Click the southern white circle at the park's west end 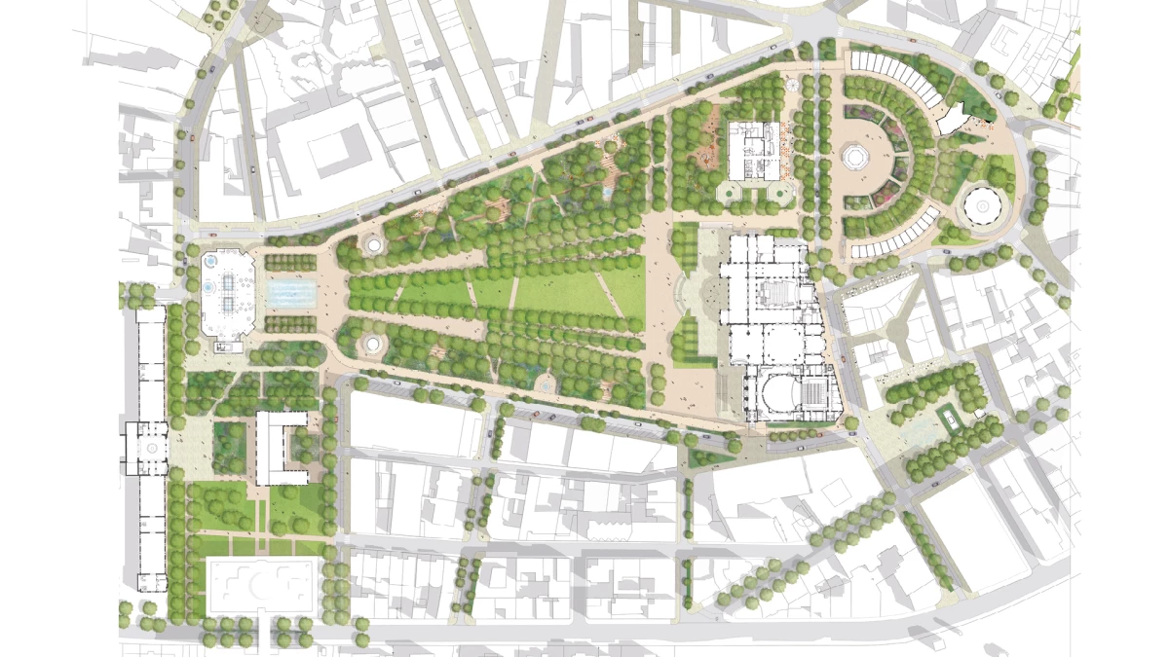[374, 343]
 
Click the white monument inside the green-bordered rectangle [947, 419]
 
